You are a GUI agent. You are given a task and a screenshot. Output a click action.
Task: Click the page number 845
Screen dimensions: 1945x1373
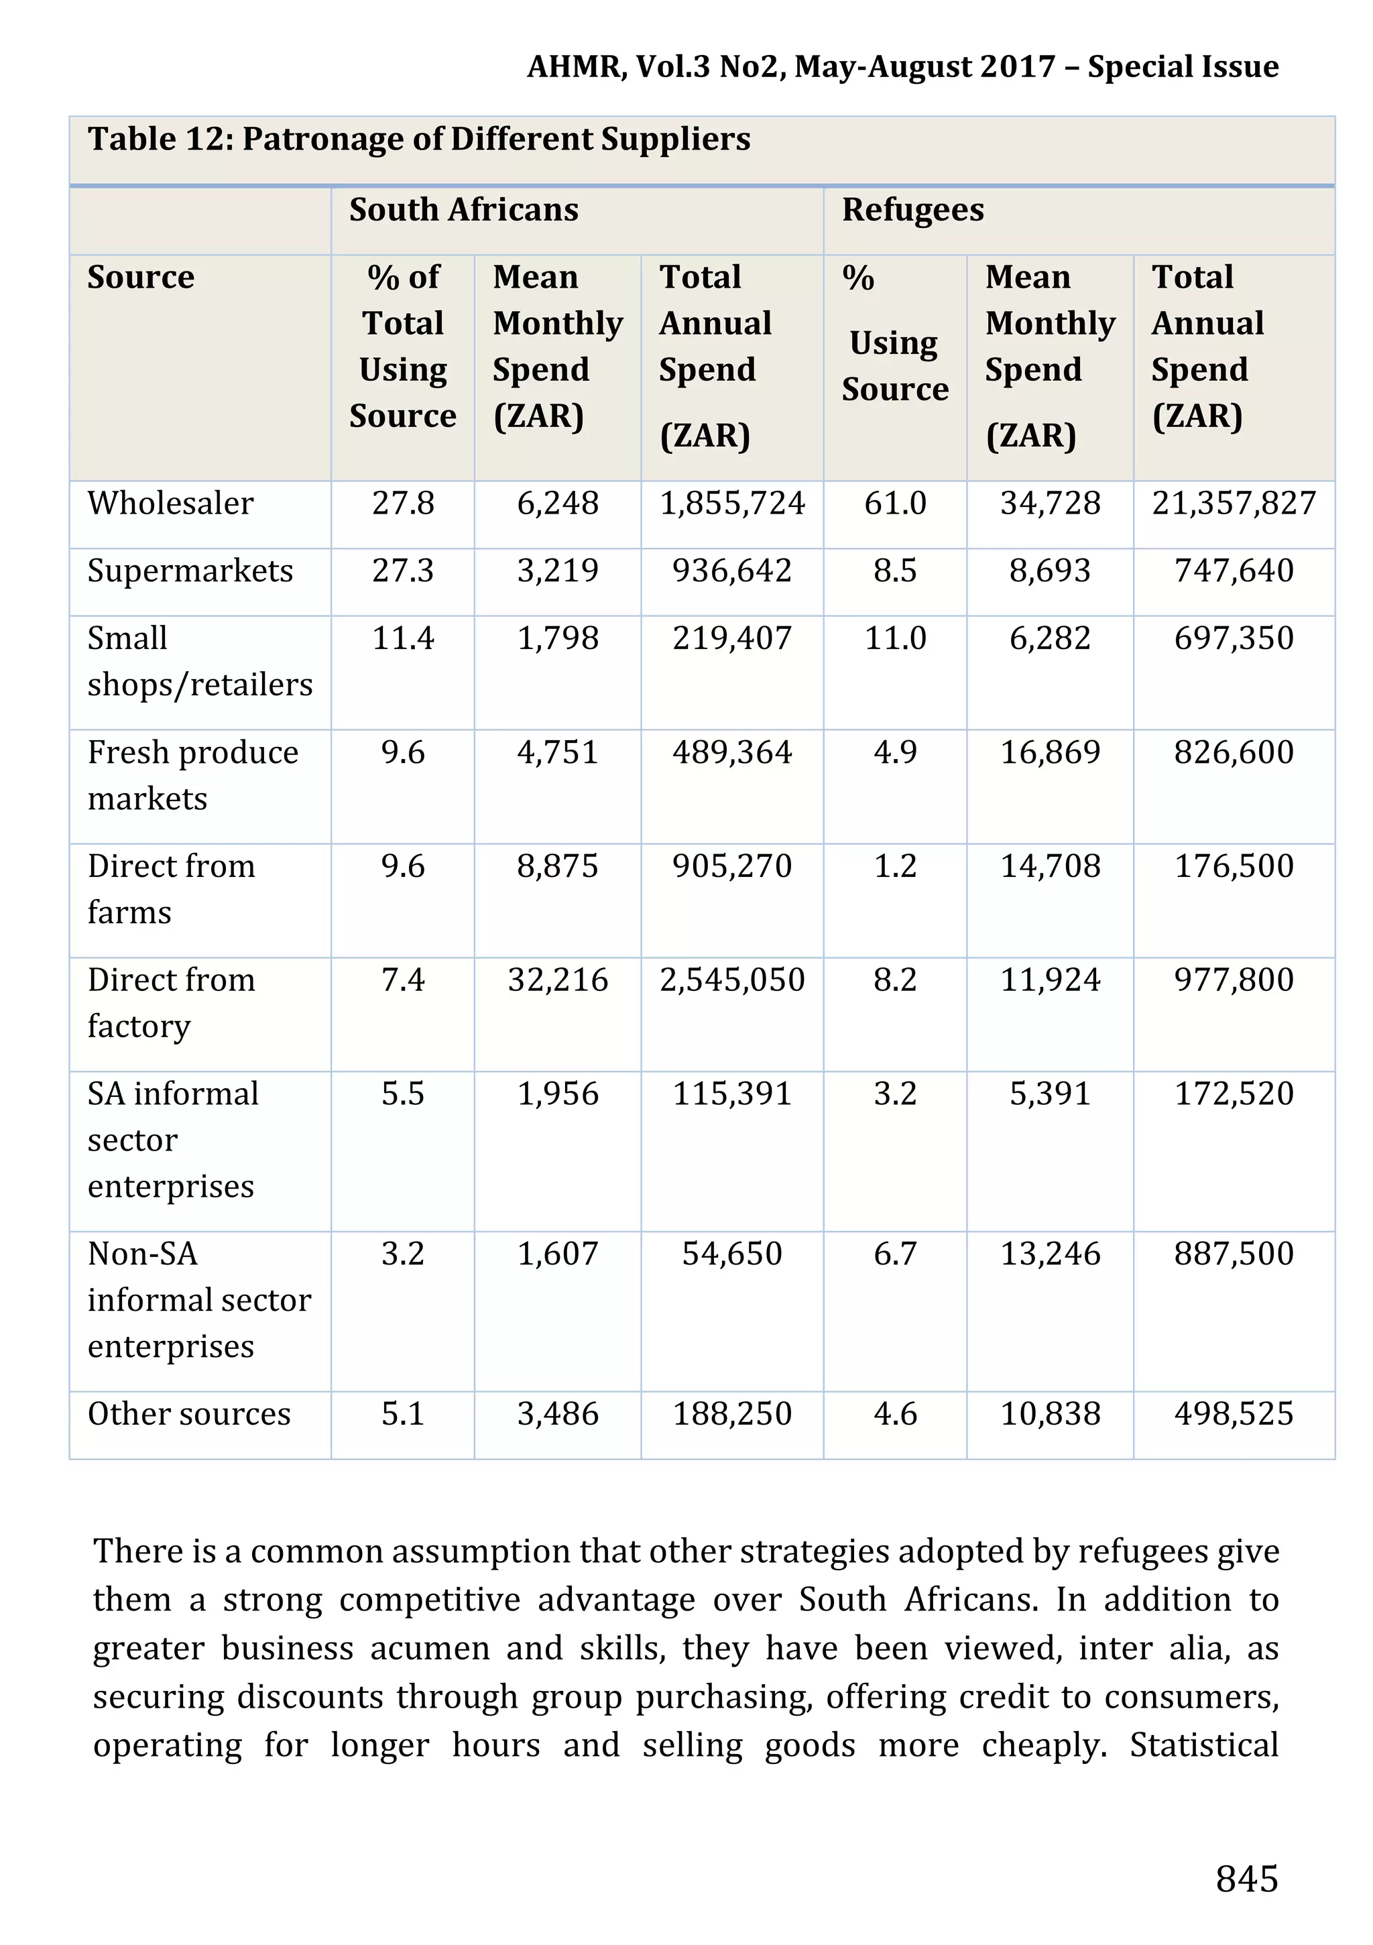click(x=1246, y=1878)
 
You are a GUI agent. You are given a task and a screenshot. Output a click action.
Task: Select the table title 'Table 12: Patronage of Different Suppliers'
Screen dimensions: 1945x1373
click(x=418, y=139)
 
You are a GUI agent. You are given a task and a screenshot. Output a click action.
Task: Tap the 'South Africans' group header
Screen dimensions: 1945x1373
click(x=463, y=209)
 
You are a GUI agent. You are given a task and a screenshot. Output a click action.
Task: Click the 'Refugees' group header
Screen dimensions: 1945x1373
click(x=912, y=209)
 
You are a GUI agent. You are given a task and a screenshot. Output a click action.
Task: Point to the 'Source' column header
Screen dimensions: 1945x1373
click(x=141, y=277)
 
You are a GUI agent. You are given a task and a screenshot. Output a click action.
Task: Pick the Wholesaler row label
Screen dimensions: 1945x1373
click(x=170, y=504)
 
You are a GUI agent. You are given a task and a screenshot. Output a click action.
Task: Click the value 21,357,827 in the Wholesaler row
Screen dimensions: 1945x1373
click(x=1234, y=504)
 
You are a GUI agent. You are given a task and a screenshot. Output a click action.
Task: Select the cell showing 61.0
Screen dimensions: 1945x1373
click(x=894, y=504)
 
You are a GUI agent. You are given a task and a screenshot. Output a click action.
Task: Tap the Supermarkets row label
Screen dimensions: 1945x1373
click(x=190, y=571)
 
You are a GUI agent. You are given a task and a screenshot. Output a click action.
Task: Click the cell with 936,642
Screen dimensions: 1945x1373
click(x=732, y=571)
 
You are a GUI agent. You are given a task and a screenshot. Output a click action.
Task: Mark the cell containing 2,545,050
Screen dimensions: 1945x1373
click(x=732, y=980)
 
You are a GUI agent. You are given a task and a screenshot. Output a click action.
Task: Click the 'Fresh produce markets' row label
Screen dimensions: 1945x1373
click(x=192, y=775)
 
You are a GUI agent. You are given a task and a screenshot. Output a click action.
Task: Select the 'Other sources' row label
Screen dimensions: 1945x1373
click(x=189, y=1414)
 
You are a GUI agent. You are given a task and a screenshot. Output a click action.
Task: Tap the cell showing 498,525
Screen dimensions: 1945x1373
click(x=1234, y=1414)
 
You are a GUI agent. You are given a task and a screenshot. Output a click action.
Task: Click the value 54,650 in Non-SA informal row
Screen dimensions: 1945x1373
click(x=732, y=1254)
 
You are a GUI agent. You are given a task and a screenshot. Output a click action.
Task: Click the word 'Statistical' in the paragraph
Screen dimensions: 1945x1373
click(x=1203, y=1745)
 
